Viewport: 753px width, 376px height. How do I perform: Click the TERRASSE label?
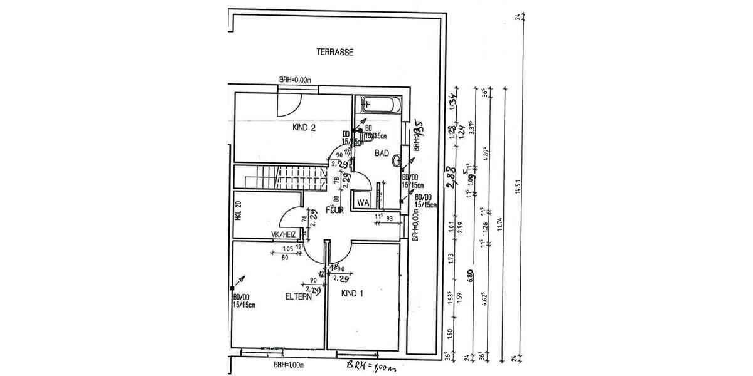pyautogui.click(x=335, y=53)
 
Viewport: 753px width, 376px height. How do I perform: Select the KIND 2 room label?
pyautogui.click(x=304, y=128)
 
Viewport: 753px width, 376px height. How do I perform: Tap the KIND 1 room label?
pyautogui.click(x=353, y=293)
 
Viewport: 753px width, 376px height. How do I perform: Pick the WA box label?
pyautogui.click(x=362, y=202)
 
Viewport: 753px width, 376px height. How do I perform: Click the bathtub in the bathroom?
pyautogui.click(x=380, y=104)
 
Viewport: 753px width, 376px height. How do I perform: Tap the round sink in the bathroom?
pyautogui.click(x=397, y=162)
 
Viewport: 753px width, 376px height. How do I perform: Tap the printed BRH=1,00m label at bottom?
pyautogui.click(x=289, y=365)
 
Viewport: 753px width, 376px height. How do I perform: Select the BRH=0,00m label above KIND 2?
pyautogui.click(x=296, y=80)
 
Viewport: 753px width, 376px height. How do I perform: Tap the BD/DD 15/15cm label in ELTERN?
pyautogui.click(x=243, y=301)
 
